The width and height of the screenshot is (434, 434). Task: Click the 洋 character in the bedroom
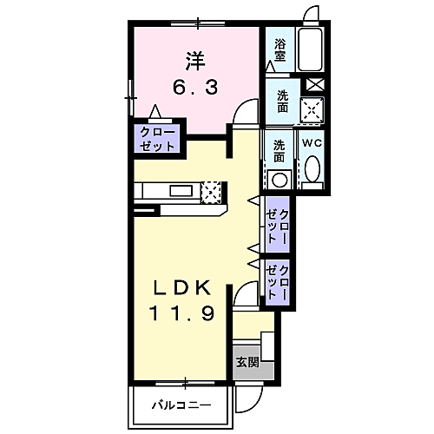(x=194, y=62)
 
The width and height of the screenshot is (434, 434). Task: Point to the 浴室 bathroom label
(x=280, y=50)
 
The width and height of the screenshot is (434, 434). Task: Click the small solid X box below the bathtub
(x=314, y=85)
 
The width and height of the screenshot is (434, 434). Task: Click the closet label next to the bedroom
(x=157, y=140)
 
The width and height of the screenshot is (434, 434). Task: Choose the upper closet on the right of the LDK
(x=278, y=223)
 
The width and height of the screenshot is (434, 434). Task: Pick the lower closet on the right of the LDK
(x=278, y=280)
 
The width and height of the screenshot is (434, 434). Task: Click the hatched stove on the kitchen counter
(x=212, y=190)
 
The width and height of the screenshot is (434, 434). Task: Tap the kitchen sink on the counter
(x=181, y=190)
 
